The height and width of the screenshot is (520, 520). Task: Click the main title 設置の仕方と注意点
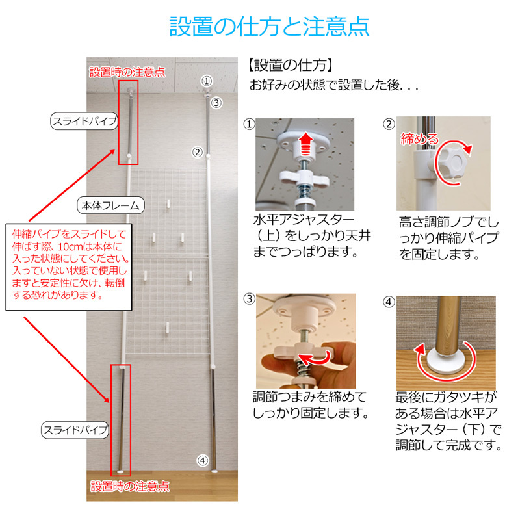tap(269, 26)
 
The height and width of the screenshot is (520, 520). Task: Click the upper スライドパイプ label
tap(84, 122)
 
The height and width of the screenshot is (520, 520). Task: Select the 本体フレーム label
tap(110, 205)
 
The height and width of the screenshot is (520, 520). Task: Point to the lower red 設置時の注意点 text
tap(130, 486)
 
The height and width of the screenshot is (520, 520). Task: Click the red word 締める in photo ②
tap(420, 138)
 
